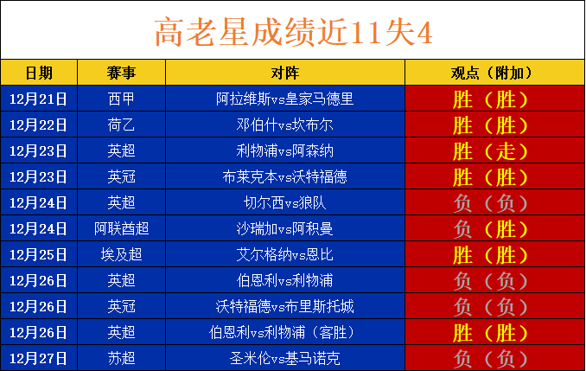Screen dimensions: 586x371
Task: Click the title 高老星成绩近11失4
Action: click(x=293, y=32)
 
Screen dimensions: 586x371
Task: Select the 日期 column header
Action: click(x=39, y=73)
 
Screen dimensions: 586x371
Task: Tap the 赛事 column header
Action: click(x=121, y=73)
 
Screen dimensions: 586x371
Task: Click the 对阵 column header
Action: click(x=285, y=73)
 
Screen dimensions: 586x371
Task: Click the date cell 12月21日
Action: click(x=38, y=99)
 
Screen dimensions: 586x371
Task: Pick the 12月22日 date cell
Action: click(x=38, y=125)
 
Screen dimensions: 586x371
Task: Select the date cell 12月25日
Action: click(x=38, y=255)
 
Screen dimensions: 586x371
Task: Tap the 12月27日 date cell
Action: click(x=38, y=359)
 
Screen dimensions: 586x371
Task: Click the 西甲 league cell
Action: click(x=121, y=99)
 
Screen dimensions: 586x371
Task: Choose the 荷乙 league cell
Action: click(x=121, y=125)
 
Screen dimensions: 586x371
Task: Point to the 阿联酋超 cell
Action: click(x=122, y=228)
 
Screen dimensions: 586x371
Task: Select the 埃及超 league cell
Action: click(x=122, y=255)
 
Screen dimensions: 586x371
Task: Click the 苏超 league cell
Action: click(x=121, y=359)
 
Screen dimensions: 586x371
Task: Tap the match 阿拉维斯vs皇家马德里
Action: click(x=284, y=99)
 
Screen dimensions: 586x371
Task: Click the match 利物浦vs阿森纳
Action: click(x=284, y=150)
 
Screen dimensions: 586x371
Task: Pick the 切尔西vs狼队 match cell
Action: click(x=284, y=202)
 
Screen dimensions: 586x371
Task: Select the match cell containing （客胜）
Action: click(x=284, y=332)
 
